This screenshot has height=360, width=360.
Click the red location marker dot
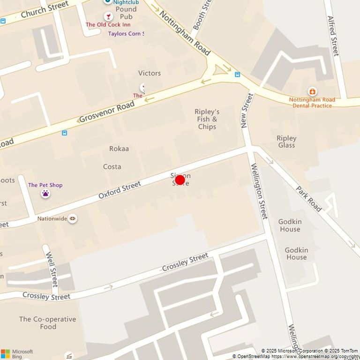pyautogui.click(x=180, y=180)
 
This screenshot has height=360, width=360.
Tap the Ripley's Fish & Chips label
pyautogui.click(x=207, y=119)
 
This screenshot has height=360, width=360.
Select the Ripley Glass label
pyautogui.click(x=286, y=142)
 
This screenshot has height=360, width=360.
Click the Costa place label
pyautogui.click(x=112, y=166)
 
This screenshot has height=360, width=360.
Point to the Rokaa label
pyautogui.click(x=119, y=149)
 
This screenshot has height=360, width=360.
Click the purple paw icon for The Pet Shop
pyautogui.click(x=45, y=194)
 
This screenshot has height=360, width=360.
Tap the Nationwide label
pyautogui.click(x=52, y=218)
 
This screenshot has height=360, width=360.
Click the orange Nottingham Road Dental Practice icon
pyautogui.click(x=312, y=91)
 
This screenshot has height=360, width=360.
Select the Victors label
pyautogui.click(x=150, y=73)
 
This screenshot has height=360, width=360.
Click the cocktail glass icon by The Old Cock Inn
pyautogui.click(x=109, y=17)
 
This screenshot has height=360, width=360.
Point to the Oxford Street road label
pyautogui.click(x=120, y=190)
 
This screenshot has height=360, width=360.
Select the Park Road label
pyautogui.click(x=309, y=199)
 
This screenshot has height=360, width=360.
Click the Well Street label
pyautogui.click(x=52, y=269)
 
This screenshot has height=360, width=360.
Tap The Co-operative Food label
pyautogui.click(x=47, y=323)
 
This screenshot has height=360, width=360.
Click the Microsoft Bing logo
pyautogui.click(x=17, y=353)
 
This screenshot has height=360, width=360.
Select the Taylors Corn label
pyautogui.click(x=126, y=33)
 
